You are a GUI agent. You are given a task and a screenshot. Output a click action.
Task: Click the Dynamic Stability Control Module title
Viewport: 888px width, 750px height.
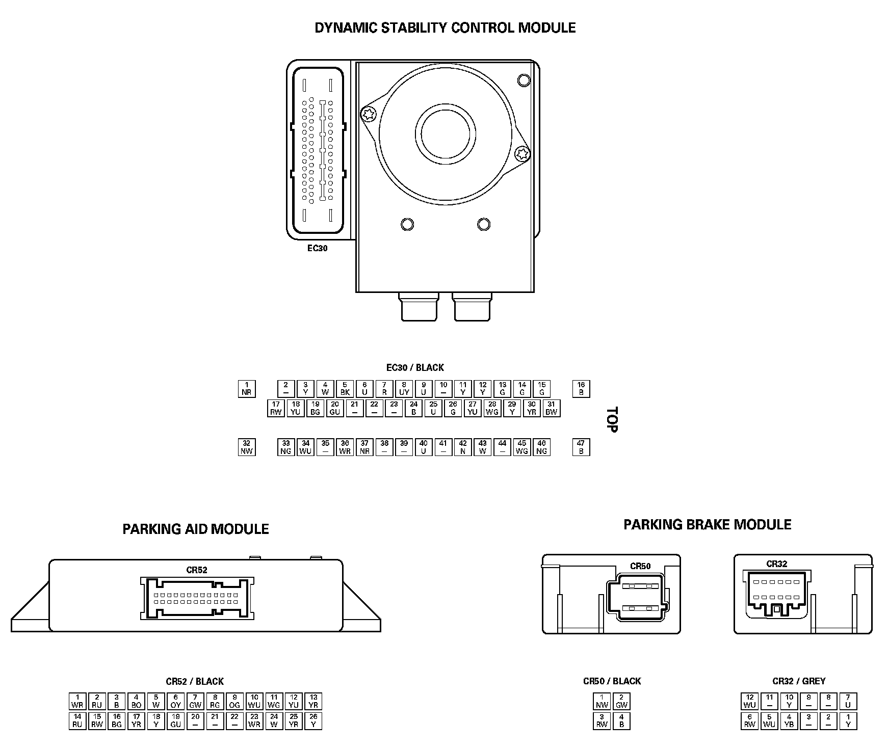[445, 28]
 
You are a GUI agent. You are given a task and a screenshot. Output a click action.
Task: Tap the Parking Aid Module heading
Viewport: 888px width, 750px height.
[196, 529]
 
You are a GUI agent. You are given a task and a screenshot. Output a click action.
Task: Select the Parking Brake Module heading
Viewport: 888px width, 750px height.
[708, 525]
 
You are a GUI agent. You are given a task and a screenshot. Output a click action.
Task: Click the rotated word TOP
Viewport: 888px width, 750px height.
[612, 419]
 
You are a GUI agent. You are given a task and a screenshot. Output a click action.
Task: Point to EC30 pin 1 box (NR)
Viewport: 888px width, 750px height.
[247, 389]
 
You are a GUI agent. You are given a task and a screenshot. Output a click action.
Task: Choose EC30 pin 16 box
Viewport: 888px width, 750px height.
[581, 389]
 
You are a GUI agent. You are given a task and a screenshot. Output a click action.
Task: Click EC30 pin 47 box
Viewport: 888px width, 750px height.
[581, 447]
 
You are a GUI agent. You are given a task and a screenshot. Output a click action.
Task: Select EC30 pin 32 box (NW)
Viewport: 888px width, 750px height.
[247, 447]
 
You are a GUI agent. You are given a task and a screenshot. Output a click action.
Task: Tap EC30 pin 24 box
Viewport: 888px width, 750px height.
[413, 409]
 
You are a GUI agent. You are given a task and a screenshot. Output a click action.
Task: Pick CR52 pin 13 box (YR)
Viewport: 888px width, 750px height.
[314, 702]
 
